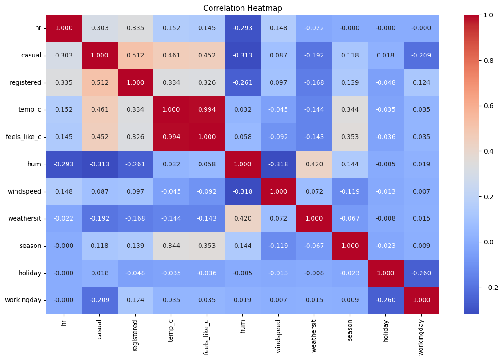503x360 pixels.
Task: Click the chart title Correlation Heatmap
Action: click(x=242, y=8)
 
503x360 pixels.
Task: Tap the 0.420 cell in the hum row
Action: click(x=314, y=165)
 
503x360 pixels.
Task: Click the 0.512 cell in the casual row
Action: click(x=135, y=55)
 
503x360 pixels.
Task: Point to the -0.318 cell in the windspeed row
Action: click(x=242, y=191)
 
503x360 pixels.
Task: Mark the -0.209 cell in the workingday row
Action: click(x=99, y=301)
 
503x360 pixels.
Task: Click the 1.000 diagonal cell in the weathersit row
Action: click(x=314, y=219)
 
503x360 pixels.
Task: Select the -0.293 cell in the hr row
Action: click(x=242, y=28)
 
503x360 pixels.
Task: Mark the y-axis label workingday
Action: click(x=26, y=301)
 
